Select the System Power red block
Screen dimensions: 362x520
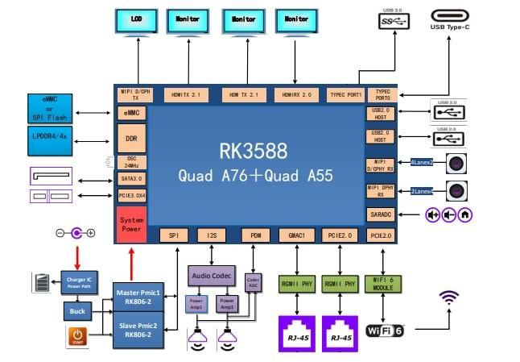point(131,224)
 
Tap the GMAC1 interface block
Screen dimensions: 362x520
point(297,235)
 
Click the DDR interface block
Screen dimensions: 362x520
point(131,138)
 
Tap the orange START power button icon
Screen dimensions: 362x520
point(77,336)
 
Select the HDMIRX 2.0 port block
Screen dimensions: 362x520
point(297,94)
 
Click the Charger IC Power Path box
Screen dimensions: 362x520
point(78,282)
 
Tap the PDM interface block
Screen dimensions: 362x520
point(255,235)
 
